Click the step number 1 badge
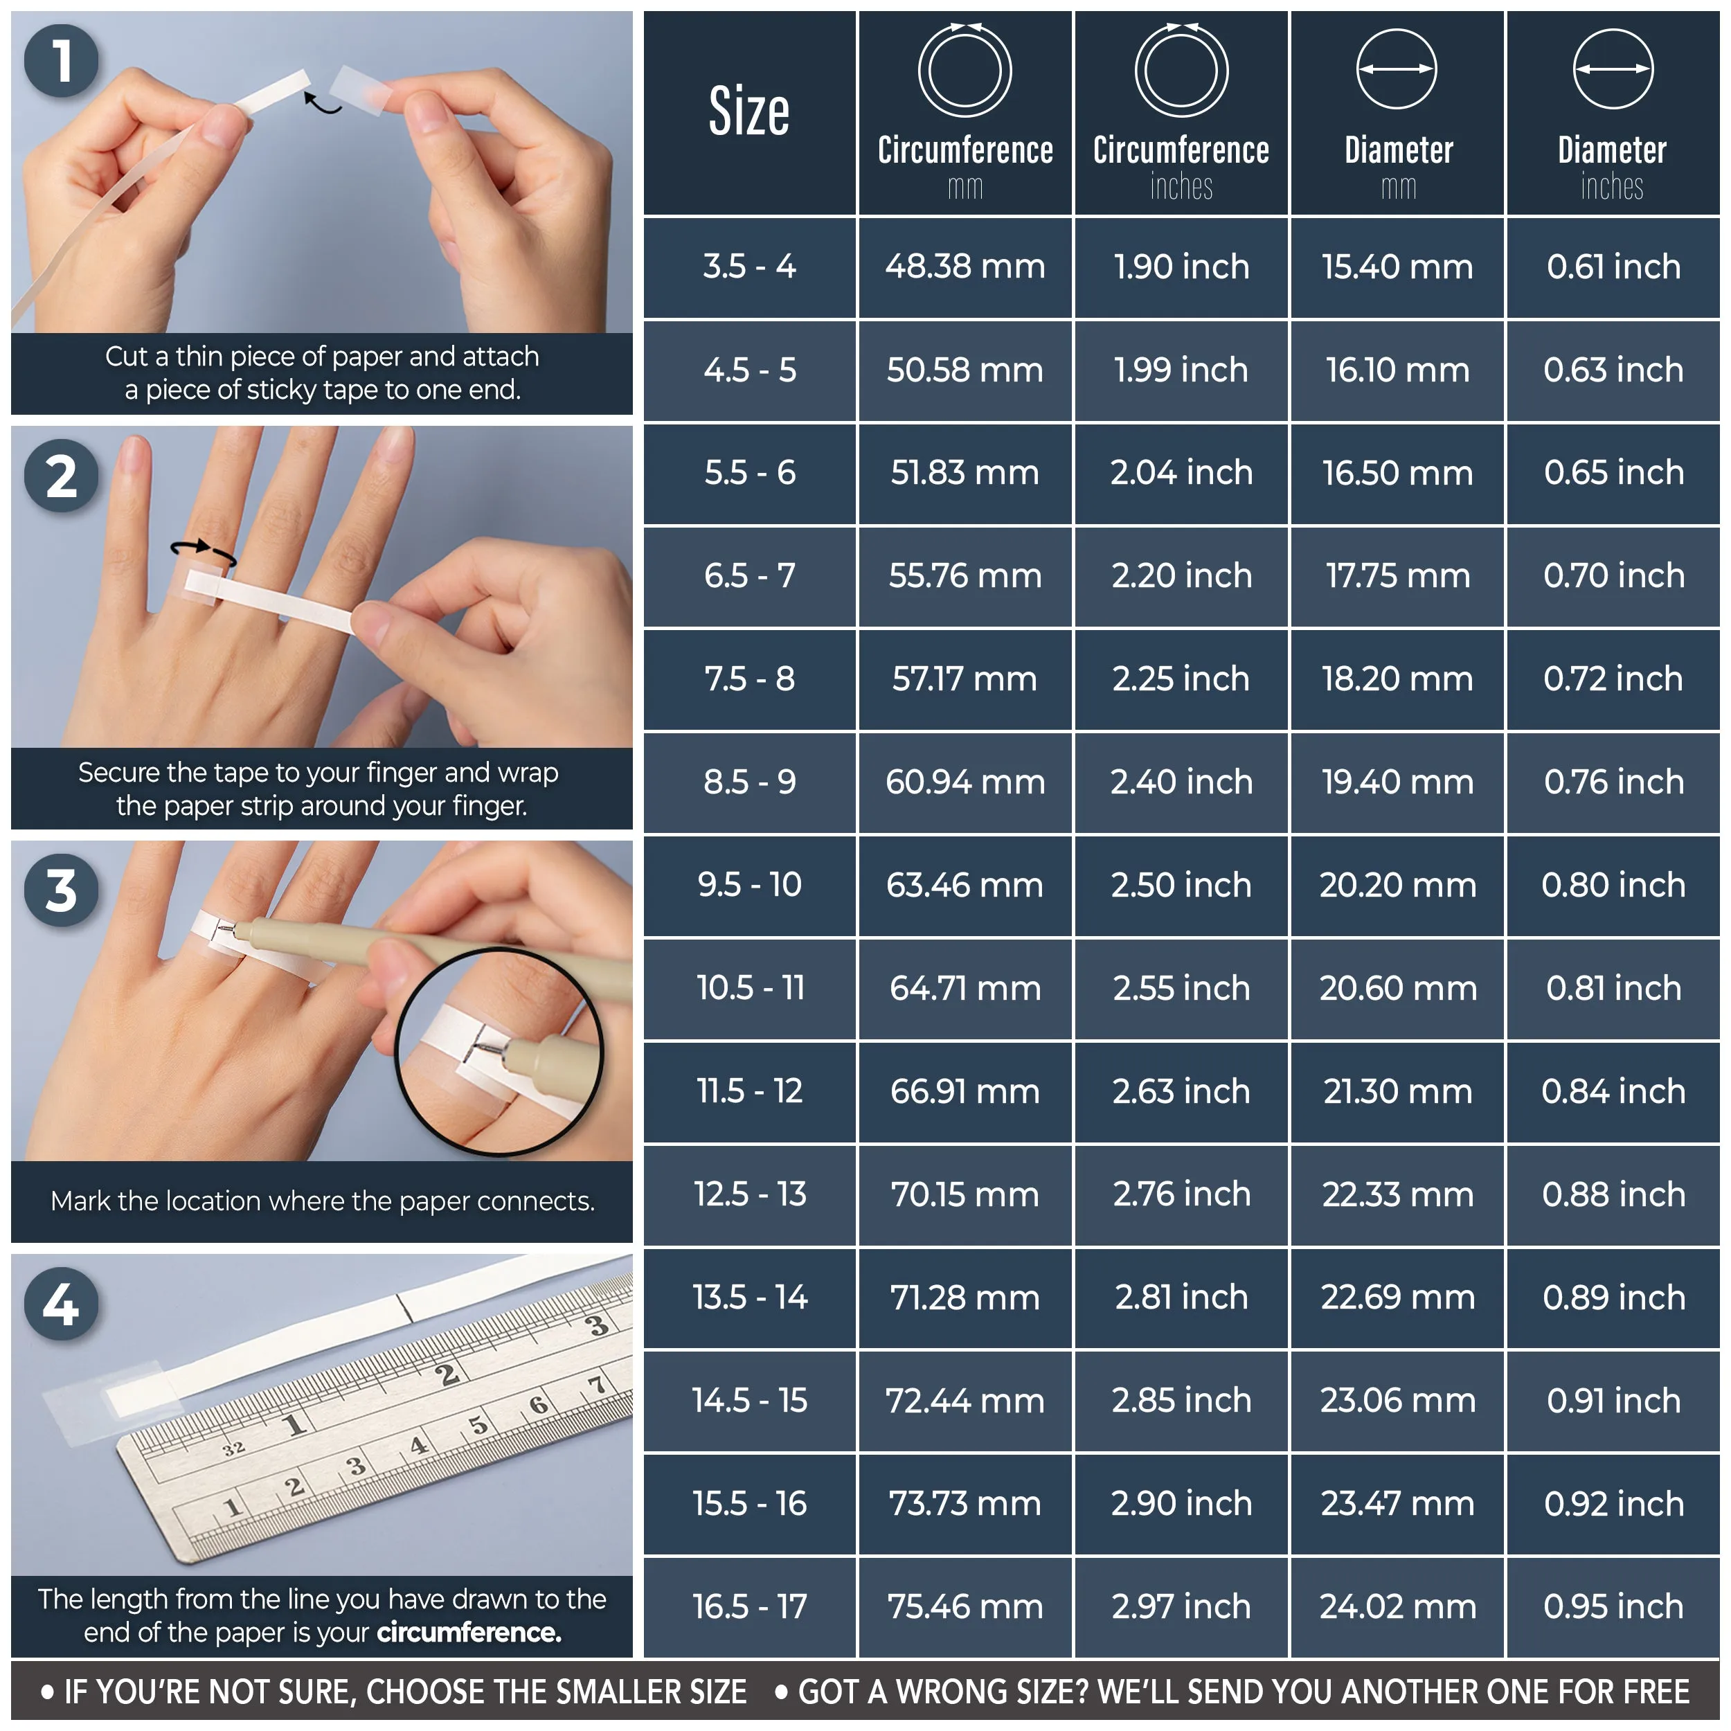tap(61, 61)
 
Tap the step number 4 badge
tap(61, 1304)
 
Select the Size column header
tap(749, 112)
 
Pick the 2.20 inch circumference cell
tap(1181, 576)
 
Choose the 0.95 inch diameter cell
tap(1613, 1606)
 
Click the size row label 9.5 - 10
tap(749, 885)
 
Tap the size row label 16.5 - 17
tap(749, 1606)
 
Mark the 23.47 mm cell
tap(1397, 1503)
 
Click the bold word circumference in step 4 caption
tap(469, 1633)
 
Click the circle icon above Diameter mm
tap(1397, 69)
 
